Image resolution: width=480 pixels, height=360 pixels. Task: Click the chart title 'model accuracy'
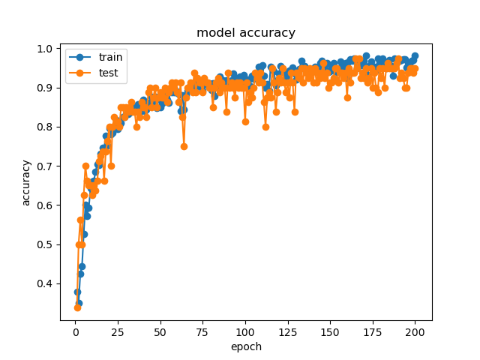pos(246,33)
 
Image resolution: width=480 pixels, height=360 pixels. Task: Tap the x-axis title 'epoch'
pos(246,346)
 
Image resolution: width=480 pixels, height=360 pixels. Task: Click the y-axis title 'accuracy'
pos(26,182)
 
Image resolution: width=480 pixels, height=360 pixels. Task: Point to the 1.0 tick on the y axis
pos(46,49)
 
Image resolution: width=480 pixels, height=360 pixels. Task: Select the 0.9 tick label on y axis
pos(46,88)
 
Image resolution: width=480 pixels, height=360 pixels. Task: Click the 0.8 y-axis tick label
pos(46,127)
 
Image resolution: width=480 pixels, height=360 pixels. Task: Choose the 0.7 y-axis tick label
pos(46,166)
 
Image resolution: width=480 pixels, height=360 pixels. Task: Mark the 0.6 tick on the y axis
pos(46,205)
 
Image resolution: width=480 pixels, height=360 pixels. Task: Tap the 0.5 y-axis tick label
pos(46,244)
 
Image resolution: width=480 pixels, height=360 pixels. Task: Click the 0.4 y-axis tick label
pos(46,283)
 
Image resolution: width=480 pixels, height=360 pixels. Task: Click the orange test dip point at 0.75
pos(184,146)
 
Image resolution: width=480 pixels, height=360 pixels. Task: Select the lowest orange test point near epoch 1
pos(77,307)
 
